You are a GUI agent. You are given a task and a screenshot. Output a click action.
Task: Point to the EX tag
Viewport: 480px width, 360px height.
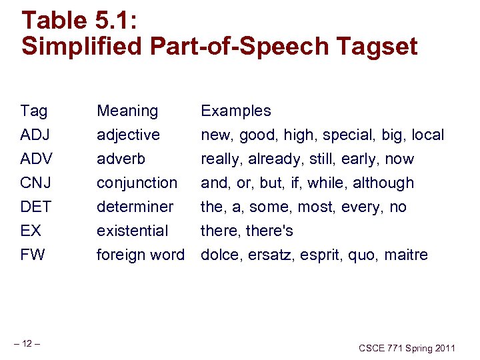point(31,231)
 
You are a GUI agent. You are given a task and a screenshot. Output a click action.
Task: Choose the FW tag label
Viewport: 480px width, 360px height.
point(33,255)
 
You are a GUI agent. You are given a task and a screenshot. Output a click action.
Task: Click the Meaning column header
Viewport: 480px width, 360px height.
point(127,111)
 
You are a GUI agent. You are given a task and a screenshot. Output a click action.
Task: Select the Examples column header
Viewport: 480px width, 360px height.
point(236,111)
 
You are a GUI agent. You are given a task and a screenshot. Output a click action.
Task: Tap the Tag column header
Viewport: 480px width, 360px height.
point(33,111)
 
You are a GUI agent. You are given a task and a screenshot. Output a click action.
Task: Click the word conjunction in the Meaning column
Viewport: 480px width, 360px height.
point(137,183)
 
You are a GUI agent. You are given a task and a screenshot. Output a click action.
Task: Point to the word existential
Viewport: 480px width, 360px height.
point(132,231)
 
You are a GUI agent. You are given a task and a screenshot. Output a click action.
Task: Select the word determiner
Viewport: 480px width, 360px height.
point(135,207)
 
